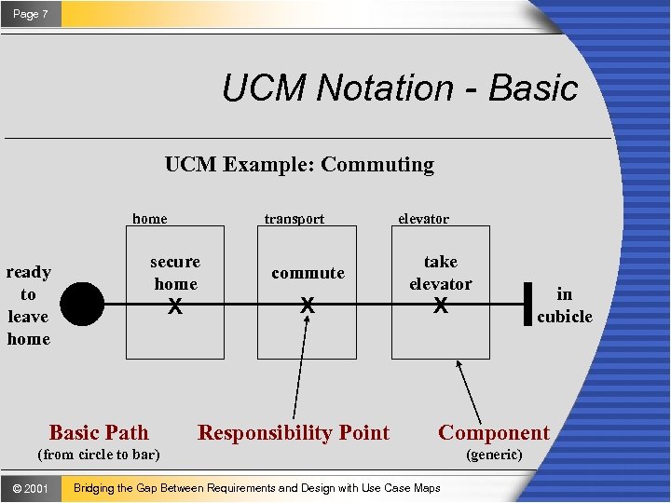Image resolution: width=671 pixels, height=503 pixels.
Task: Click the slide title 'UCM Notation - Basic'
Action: point(400,88)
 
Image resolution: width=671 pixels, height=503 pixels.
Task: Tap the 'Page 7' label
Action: point(31,14)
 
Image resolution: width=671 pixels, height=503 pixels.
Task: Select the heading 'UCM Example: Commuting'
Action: point(299,165)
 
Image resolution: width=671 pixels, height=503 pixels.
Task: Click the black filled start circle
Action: point(84,304)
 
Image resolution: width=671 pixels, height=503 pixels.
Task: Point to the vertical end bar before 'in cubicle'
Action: point(528,304)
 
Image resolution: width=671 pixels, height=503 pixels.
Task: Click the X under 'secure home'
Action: point(174,306)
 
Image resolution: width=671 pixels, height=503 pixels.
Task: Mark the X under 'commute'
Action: point(307,306)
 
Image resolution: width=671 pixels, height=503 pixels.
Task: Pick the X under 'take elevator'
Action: point(440,306)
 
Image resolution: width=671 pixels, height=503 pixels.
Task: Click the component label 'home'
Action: point(150,220)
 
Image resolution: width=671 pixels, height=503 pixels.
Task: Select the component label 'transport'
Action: point(294,220)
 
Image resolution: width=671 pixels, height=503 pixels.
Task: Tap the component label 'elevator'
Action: point(423,220)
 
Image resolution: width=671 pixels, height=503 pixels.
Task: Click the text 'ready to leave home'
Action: point(29,305)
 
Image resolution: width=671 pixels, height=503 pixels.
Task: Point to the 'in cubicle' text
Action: point(564,305)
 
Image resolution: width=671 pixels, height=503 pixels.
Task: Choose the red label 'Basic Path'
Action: point(99,432)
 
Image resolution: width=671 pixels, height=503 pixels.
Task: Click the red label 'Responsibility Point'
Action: point(294,432)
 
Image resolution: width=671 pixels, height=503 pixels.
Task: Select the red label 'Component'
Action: point(494,432)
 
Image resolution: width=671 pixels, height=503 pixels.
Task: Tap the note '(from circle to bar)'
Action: point(98,455)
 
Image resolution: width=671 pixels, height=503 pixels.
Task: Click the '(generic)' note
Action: point(494,455)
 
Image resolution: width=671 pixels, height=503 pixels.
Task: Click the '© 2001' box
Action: point(31,488)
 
